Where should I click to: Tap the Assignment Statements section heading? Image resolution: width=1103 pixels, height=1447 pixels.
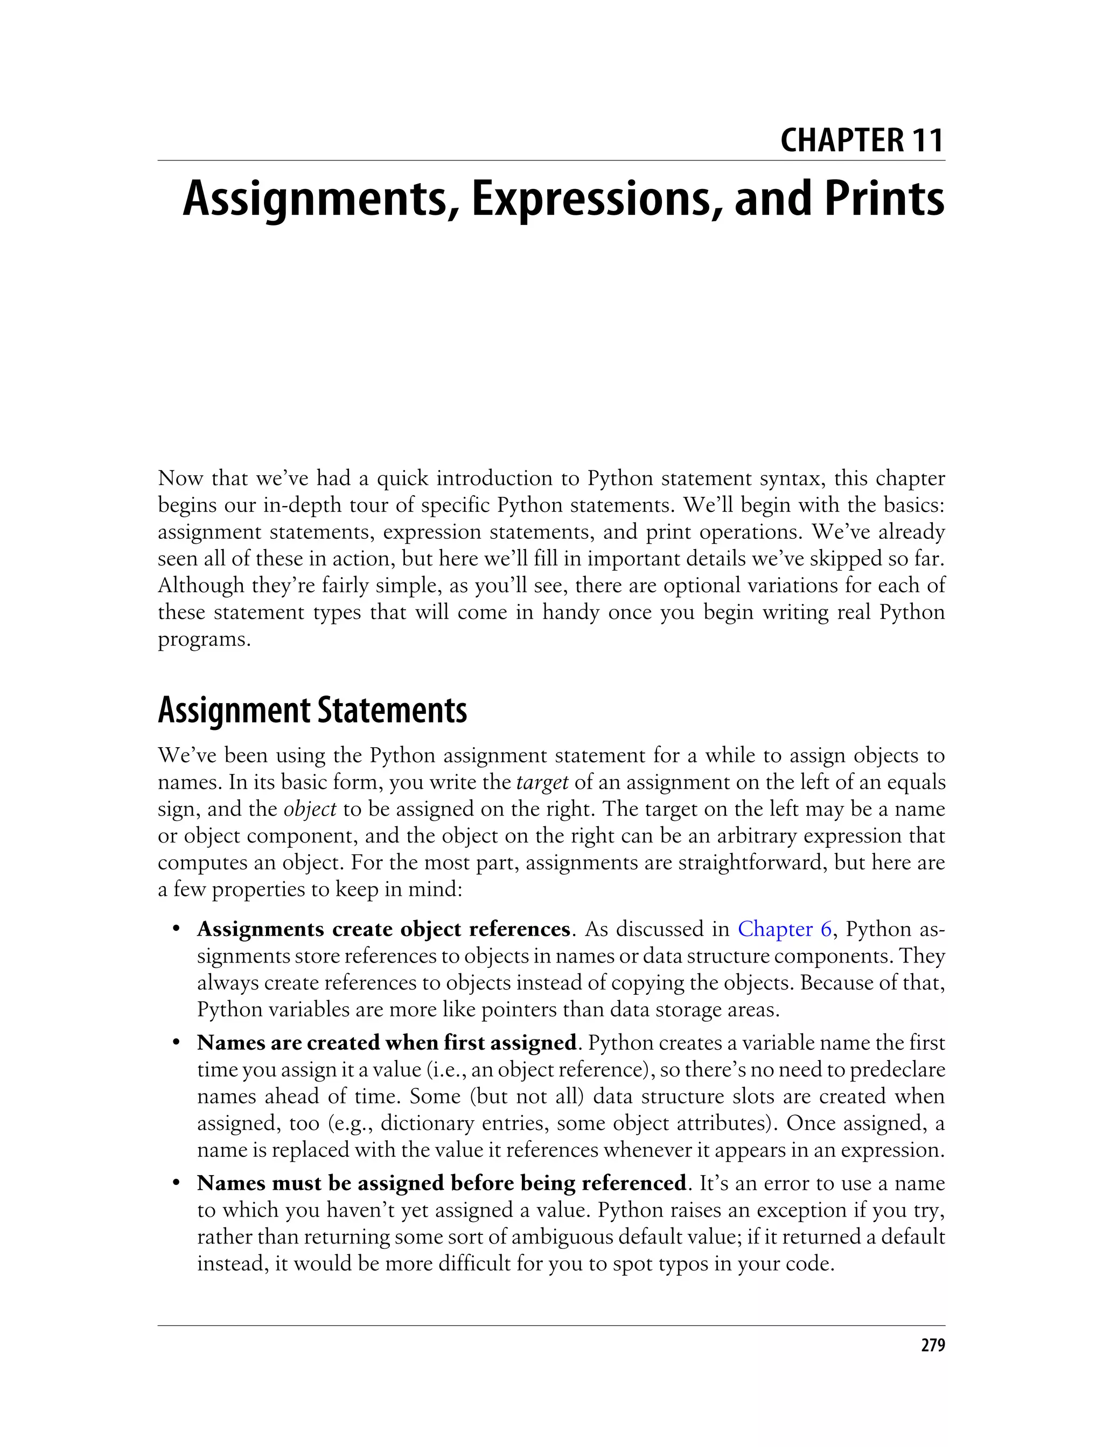coord(312,711)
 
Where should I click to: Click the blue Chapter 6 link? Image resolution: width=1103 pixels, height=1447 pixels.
coord(785,929)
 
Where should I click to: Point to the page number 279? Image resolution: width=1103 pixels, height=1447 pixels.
coord(932,1346)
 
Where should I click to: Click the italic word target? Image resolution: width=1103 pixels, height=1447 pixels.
coord(542,783)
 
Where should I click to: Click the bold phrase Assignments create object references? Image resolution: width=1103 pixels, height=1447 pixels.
coord(383,929)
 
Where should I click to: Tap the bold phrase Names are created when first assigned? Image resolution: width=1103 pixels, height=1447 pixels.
coord(387,1043)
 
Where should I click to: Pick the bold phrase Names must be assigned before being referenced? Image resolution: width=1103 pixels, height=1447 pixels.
coord(441,1183)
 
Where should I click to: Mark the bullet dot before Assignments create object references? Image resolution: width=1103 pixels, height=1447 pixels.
coord(176,930)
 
